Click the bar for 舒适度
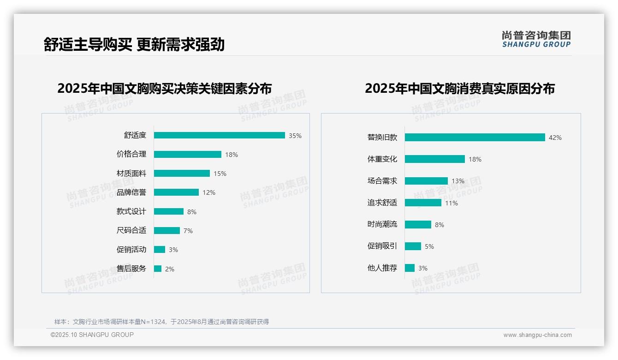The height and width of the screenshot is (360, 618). (x=219, y=135)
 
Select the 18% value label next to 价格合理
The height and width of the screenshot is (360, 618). (x=231, y=155)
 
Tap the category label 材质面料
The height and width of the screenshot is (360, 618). (x=131, y=174)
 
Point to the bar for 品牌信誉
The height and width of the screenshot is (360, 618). (x=176, y=192)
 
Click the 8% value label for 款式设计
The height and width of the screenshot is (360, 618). (x=191, y=212)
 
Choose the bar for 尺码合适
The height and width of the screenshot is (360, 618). (x=166, y=230)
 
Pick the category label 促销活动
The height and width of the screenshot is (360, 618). (x=131, y=250)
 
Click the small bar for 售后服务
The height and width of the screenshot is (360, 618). (x=158, y=269)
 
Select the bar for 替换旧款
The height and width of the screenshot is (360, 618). (x=475, y=137)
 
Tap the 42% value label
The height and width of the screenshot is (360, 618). (x=555, y=138)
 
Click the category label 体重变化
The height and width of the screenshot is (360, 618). (x=382, y=159)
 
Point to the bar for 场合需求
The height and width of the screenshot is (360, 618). (x=426, y=181)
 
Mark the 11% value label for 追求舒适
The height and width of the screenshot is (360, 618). (x=451, y=203)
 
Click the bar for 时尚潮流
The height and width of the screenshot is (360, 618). (x=418, y=224)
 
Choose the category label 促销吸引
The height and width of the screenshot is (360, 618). (x=382, y=246)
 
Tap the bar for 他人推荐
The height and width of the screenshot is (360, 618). (x=410, y=268)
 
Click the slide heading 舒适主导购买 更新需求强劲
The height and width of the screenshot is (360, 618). (x=134, y=44)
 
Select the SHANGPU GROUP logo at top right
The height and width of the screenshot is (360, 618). (x=536, y=39)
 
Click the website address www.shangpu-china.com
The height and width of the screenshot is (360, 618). (x=537, y=335)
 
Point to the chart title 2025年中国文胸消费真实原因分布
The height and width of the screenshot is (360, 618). (x=459, y=88)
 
